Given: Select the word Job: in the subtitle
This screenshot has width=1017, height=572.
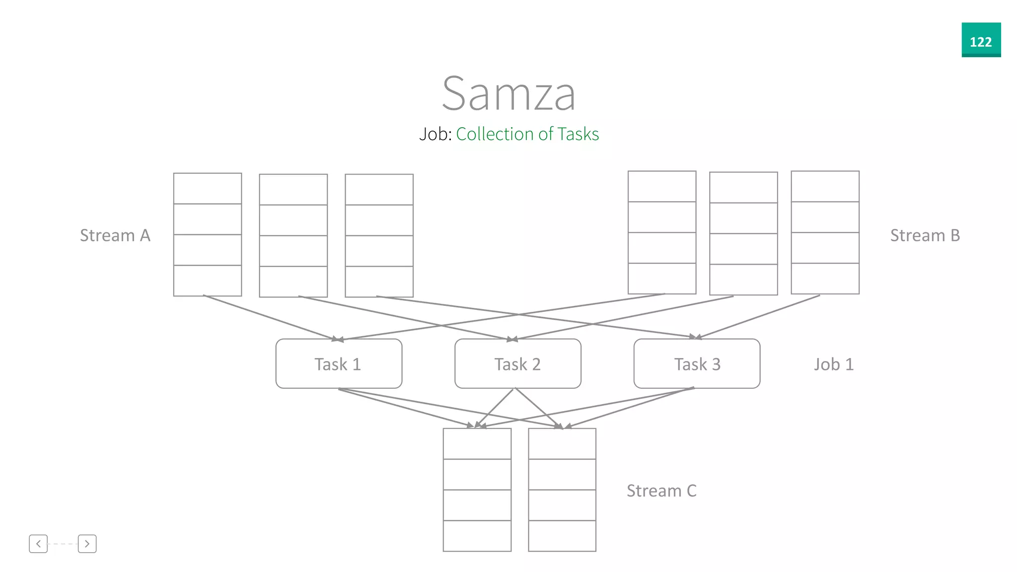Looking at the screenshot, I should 435,134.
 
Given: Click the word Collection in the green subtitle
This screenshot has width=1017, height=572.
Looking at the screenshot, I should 494,134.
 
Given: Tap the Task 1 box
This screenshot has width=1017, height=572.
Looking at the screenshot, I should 339,364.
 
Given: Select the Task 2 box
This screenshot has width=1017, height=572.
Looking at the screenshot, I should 517,364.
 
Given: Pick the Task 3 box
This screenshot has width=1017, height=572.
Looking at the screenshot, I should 697,364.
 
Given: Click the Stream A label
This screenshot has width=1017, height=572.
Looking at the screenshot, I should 115,235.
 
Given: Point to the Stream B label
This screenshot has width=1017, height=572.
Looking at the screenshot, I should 925,235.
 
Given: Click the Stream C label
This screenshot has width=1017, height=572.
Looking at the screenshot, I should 661,491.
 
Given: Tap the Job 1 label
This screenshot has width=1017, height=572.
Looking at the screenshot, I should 834,364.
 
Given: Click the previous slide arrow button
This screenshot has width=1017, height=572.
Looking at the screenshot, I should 38,544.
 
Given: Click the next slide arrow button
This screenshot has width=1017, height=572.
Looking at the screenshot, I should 87,544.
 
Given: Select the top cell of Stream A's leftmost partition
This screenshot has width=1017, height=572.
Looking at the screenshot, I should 208,189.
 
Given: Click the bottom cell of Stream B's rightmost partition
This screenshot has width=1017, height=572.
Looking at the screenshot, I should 825,279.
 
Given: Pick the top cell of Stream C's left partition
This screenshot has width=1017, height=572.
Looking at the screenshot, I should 477,444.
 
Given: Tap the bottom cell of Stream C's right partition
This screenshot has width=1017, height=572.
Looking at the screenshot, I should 562,536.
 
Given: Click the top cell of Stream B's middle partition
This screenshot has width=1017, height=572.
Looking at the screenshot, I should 743,188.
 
